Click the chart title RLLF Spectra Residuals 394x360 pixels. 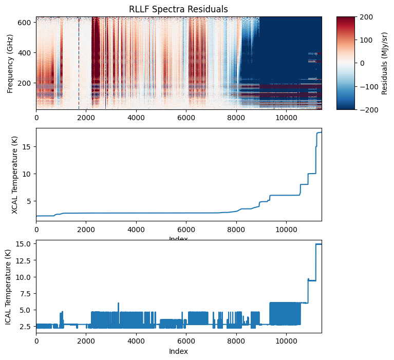(x=179, y=9)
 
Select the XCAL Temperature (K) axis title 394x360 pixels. (x=14, y=175)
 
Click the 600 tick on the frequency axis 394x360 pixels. (x=26, y=23)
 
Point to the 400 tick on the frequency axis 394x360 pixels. (x=26, y=53)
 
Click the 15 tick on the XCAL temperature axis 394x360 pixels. (x=29, y=147)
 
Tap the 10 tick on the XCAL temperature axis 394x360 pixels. (x=29, y=174)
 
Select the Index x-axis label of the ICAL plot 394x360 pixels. (x=179, y=351)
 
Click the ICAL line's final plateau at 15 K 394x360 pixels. (x=318, y=244)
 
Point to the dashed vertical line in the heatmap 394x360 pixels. (x=79, y=63)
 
